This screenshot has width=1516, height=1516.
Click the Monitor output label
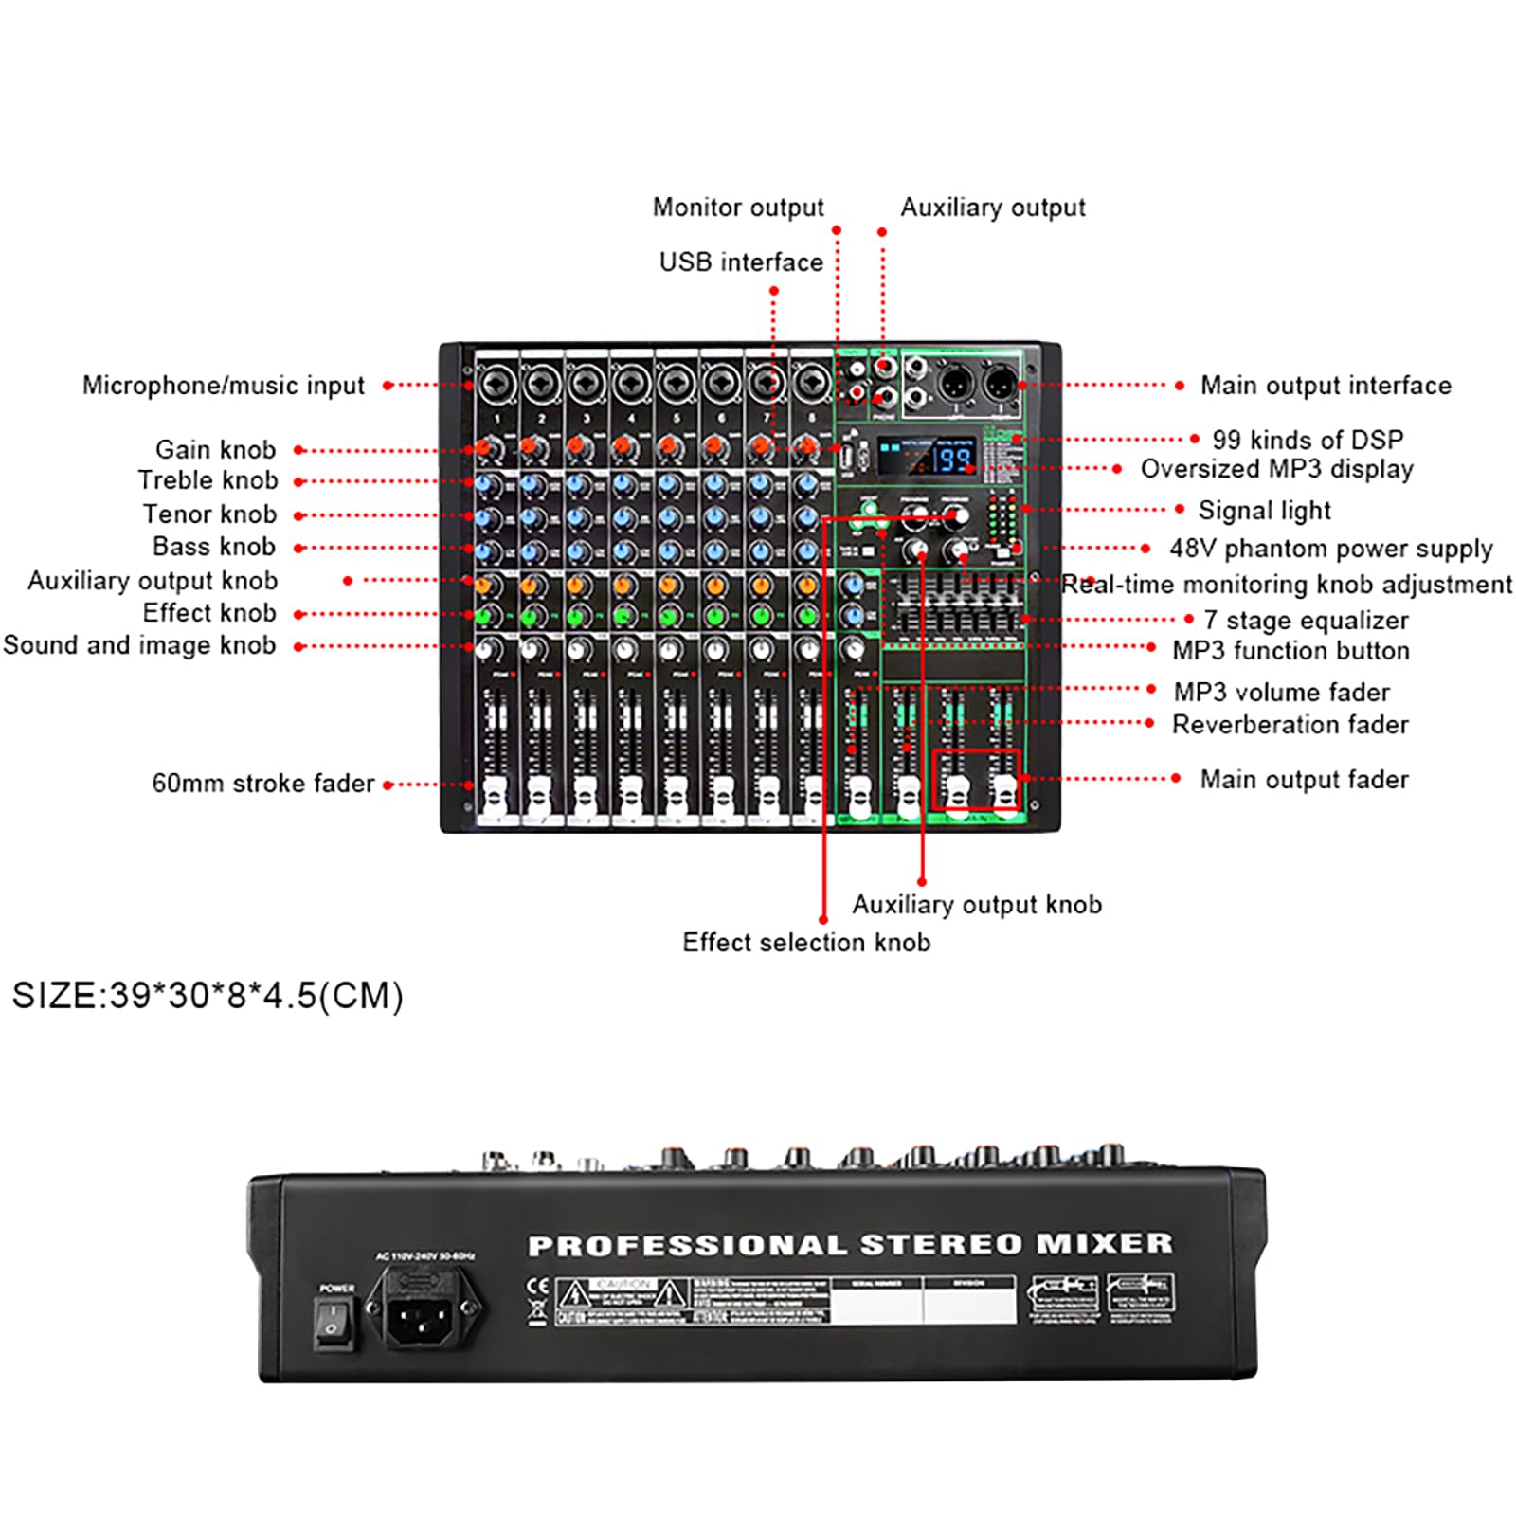pos(738,208)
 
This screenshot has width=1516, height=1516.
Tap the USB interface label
pos(741,262)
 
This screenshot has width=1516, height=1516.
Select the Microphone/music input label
pos(223,386)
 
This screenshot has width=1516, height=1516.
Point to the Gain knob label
pos(215,449)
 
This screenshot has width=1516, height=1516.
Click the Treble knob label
pos(208,480)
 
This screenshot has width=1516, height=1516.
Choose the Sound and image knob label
pos(139,645)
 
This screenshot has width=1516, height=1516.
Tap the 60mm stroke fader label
pos(263,784)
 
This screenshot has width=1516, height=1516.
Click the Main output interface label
pos(1326,386)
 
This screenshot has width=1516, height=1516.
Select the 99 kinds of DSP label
pos(1308,440)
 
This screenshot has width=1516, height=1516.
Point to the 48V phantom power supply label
pos(1330,549)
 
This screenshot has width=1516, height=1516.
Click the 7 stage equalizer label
pos(1306,621)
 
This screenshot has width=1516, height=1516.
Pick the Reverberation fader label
pos(1290,725)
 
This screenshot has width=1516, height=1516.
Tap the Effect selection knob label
pos(806,943)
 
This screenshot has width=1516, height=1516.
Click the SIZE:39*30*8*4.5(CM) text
pos(208,996)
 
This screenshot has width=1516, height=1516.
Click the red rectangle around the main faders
pos(976,780)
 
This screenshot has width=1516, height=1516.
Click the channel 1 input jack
pos(496,384)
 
